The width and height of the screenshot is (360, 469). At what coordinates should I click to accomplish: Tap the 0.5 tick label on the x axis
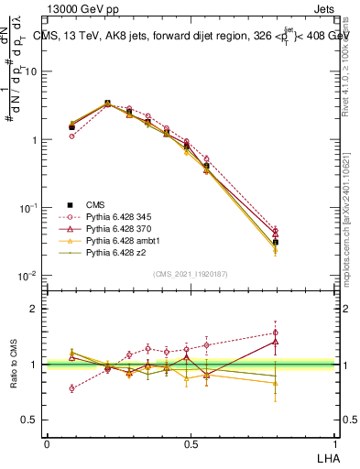pyautogui.click(x=191, y=443)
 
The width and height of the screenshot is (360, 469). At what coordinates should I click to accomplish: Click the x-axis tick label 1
pyautogui.click(x=334, y=443)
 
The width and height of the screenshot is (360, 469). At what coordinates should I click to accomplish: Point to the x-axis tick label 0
pyautogui.click(x=47, y=443)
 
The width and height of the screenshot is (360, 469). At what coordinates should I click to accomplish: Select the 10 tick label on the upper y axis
pyautogui.click(x=32, y=71)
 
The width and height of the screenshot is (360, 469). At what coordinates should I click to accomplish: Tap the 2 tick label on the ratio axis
pyautogui.click(x=34, y=309)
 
